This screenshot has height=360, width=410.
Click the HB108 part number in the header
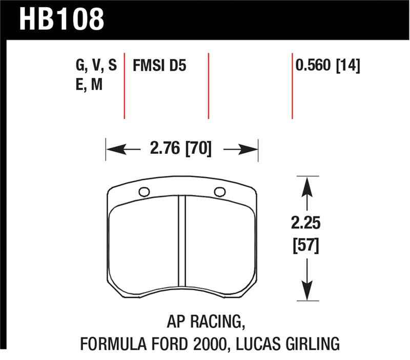61,19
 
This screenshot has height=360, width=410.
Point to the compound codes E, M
89,85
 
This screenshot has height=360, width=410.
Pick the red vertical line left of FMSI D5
125,85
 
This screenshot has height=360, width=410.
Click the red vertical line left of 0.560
292,85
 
